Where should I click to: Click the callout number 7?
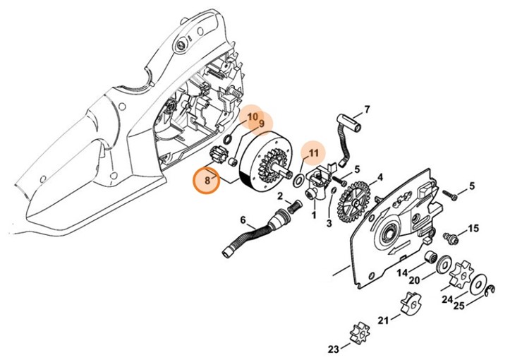coord(366,109)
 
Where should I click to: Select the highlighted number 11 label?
coord(314,152)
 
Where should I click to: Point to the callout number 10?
coord(252,116)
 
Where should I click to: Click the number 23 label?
coord(333,349)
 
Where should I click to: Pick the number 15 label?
coord(473,228)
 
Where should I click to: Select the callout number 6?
coord(243,220)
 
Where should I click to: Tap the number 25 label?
coord(459,306)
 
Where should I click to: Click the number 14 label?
coord(401,272)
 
